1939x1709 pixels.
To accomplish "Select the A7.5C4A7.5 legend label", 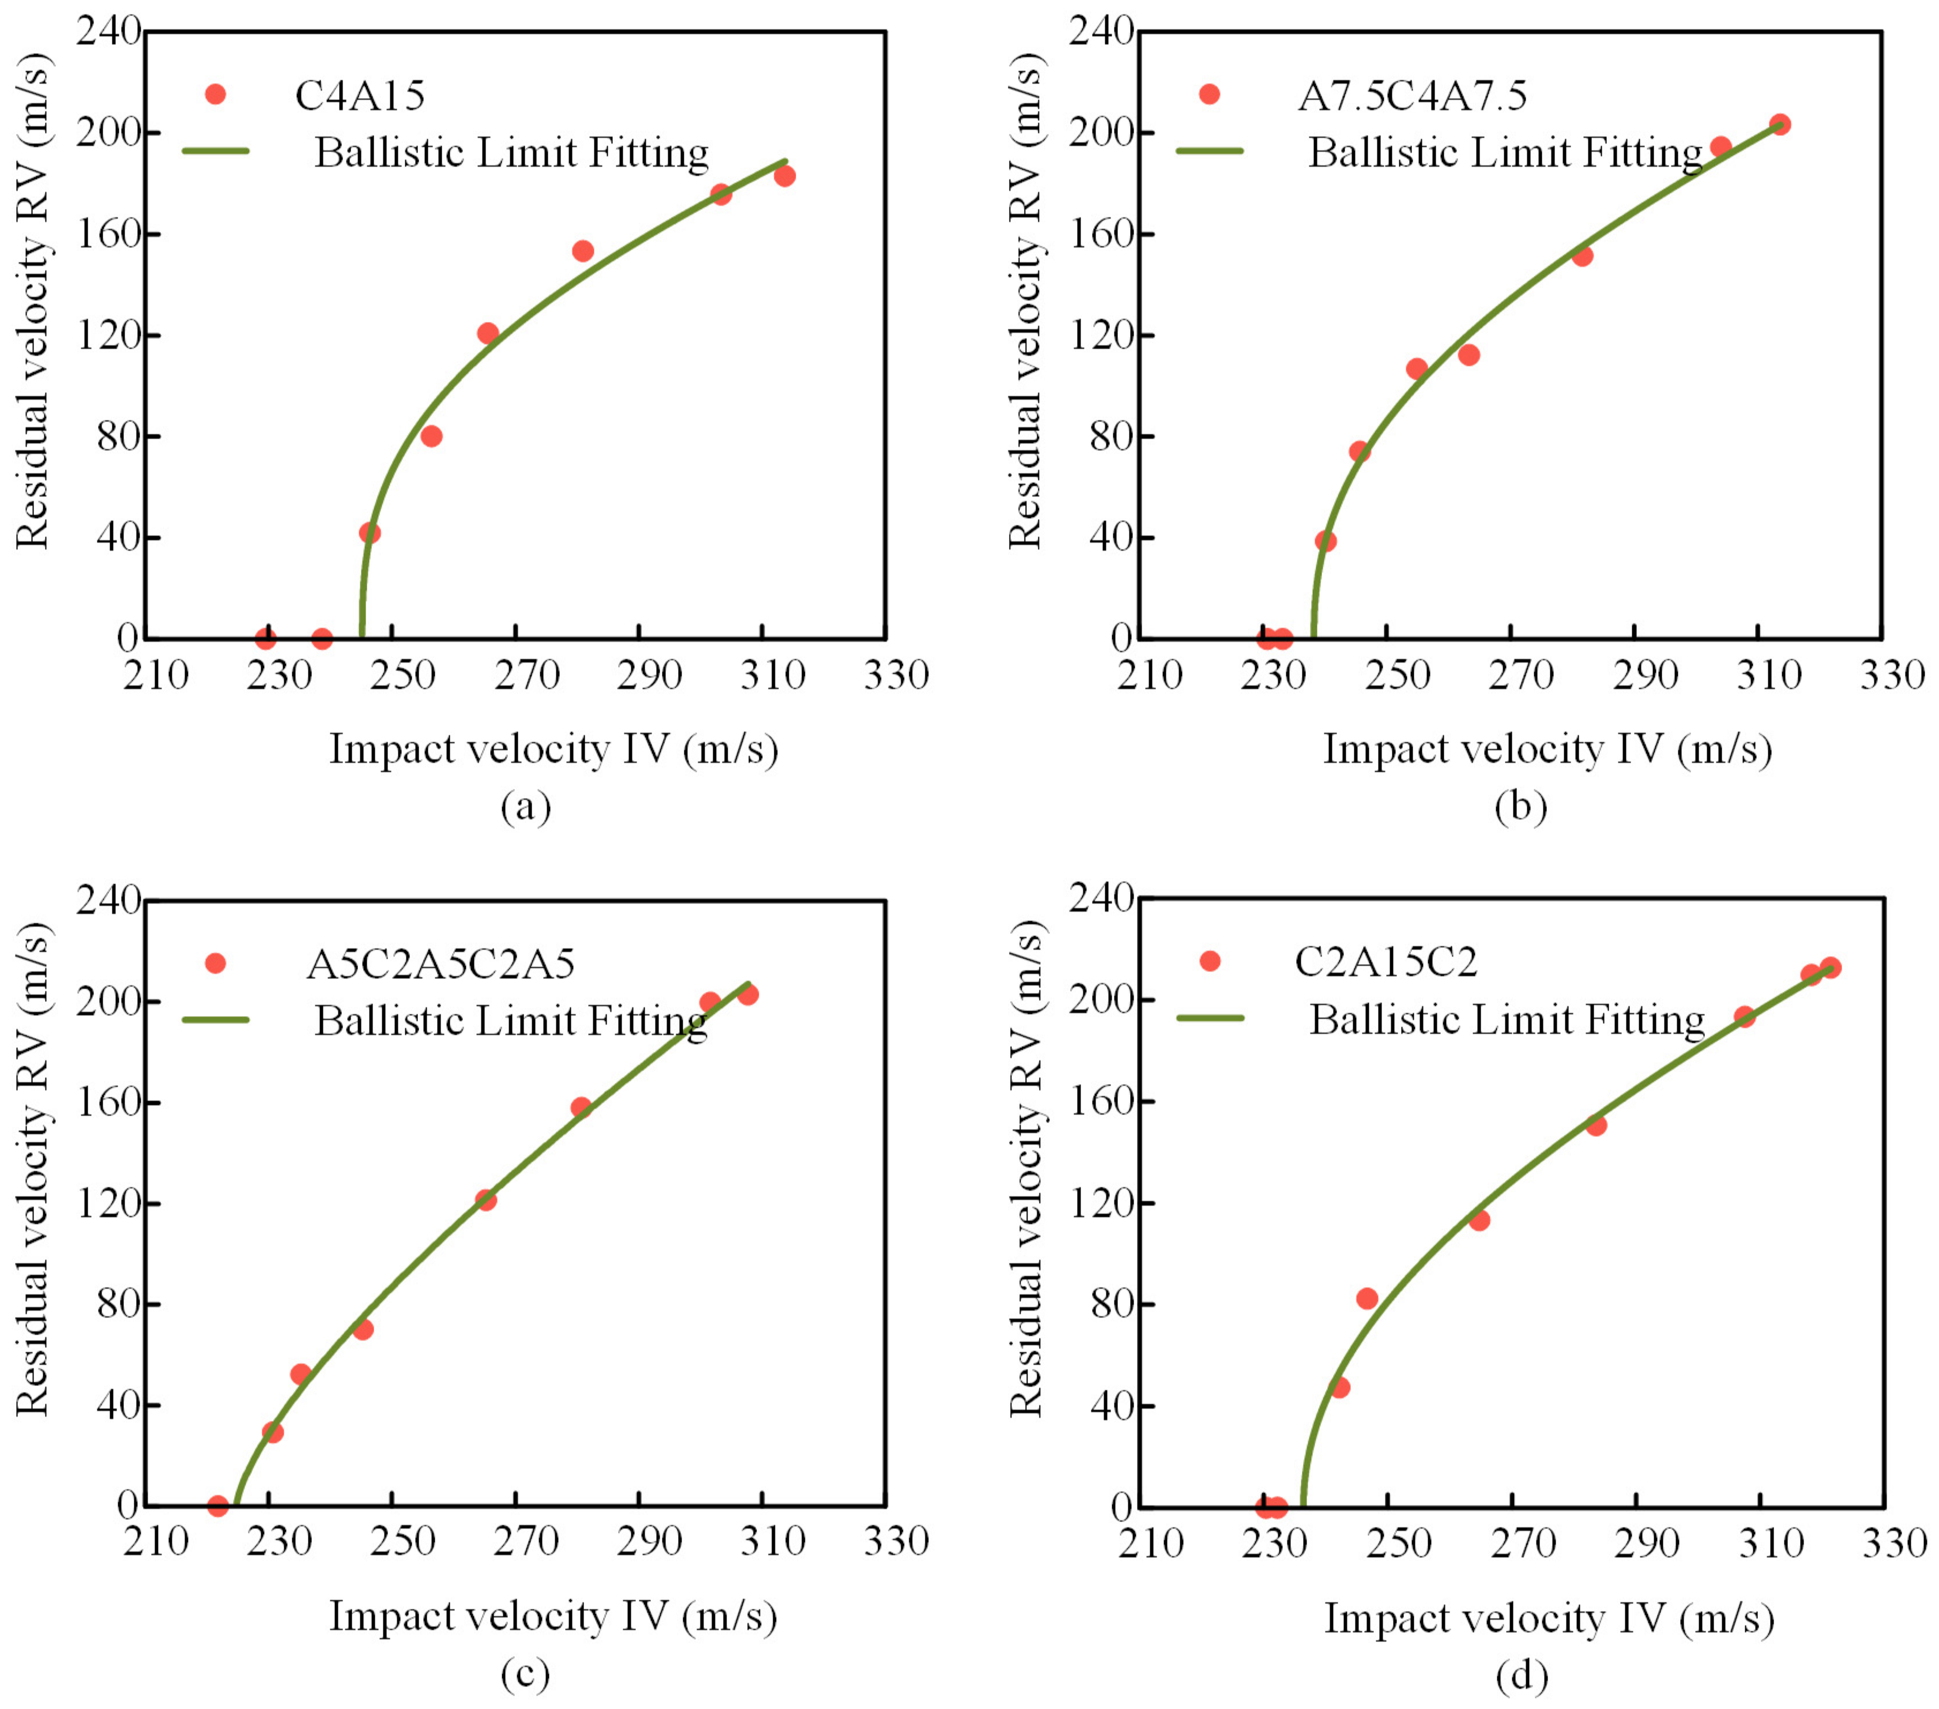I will coord(1411,95).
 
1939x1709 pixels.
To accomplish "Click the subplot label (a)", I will coord(525,807).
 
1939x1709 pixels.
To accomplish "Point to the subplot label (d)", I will coord(1522,1675).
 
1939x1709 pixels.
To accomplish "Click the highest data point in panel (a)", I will coord(785,175).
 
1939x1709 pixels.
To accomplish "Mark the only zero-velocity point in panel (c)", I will coord(217,1505).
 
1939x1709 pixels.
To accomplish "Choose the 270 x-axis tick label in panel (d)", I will coord(1522,1544).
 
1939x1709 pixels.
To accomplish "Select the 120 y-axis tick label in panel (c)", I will coord(108,1204).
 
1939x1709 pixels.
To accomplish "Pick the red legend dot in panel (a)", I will coord(216,94).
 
